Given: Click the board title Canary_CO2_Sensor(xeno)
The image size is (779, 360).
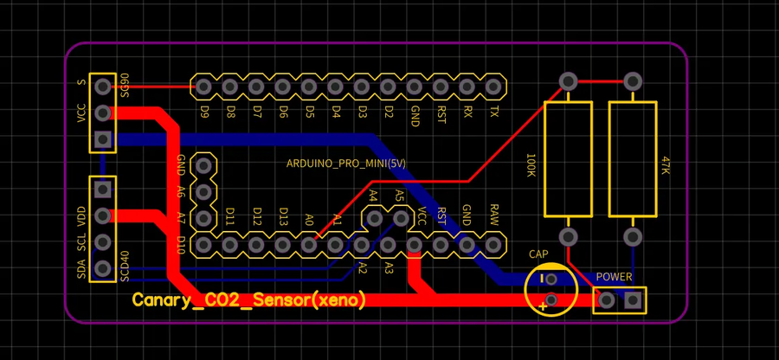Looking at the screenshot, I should [249, 300].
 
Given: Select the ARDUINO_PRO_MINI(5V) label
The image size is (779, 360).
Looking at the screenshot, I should [345, 164].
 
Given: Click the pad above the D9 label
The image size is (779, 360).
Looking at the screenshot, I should [203, 86].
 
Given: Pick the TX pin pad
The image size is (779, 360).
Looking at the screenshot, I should [493, 86].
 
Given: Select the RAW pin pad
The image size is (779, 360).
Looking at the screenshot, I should [493, 245].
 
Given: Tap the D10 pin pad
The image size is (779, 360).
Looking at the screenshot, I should [203, 245].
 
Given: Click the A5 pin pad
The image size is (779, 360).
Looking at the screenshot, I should [402, 219].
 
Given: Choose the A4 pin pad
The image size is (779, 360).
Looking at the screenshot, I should [375, 219].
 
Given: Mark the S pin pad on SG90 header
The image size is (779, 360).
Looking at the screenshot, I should [103, 86].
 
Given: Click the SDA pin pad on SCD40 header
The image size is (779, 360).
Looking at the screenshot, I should [103, 268].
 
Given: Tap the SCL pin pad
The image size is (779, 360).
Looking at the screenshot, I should [103, 241].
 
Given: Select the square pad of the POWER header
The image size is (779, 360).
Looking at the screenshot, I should [633, 300].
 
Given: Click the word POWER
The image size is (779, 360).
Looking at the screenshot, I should [615, 277].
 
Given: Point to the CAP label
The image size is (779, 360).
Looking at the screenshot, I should [538, 254].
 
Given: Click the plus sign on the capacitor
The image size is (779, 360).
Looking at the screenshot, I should [543, 305].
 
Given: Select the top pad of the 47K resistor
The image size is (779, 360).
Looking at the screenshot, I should [633, 81].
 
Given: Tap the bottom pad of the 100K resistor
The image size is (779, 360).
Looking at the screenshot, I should [568, 236].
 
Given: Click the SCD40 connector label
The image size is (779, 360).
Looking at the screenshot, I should [126, 266].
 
